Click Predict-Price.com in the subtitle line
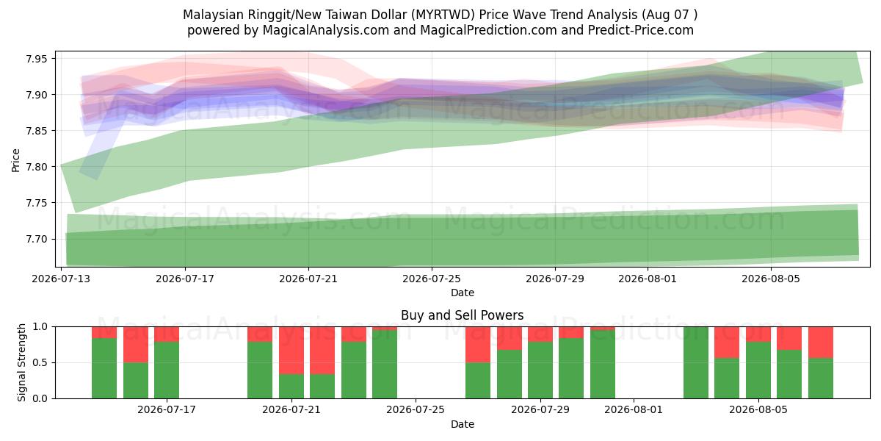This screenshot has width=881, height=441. pyautogui.click(x=641, y=30)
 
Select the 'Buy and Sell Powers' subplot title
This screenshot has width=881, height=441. pyautogui.click(x=462, y=315)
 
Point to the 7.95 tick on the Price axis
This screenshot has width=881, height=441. pyautogui.click(x=36, y=59)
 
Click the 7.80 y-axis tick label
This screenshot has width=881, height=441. pyautogui.click(x=36, y=167)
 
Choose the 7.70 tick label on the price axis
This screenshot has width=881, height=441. pyautogui.click(x=36, y=240)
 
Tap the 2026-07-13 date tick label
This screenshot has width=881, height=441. pyautogui.click(x=61, y=279)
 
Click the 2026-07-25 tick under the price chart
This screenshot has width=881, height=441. pyautogui.click(x=432, y=279)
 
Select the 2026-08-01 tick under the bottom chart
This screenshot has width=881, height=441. pyautogui.click(x=634, y=410)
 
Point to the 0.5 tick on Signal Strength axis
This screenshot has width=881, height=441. pyautogui.click(x=40, y=362)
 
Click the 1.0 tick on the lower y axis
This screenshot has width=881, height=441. pyautogui.click(x=40, y=327)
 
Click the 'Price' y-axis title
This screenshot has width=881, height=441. pyautogui.click(x=15, y=160)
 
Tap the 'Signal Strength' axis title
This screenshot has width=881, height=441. pyautogui.click(x=21, y=362)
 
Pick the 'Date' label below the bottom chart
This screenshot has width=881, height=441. pyautogui.click(x=462, y=425)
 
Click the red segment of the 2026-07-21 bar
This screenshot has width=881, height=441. pyautogui.click(x=291, y=351)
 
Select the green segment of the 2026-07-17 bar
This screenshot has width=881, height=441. pyautogui.click(x=167, y=370)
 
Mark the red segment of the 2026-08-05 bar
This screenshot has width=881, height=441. pyautogui.click(x=758, y=334)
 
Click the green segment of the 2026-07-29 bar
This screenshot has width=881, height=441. pyautogui.click(x=540, y=370)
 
